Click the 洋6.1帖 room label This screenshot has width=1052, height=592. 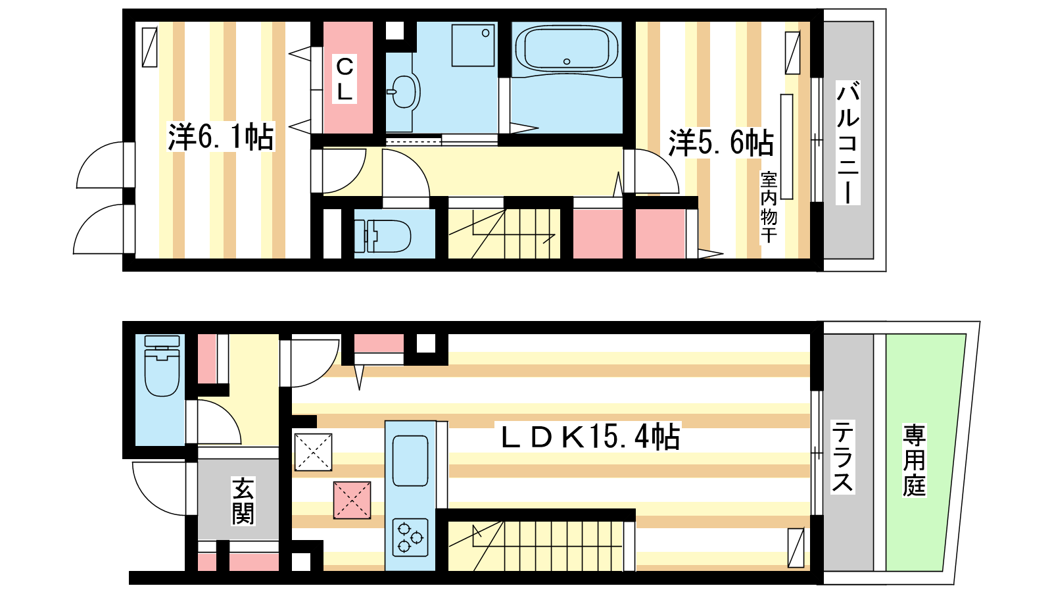(x=221, y=137)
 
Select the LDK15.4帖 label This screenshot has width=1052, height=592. (x=590, y=437)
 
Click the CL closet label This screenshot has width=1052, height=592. (x=345, y=79)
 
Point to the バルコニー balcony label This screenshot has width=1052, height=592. (x=848, y=143)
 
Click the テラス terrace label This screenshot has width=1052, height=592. (x=842, y=456)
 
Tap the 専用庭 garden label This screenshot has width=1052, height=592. (x=914, y=460)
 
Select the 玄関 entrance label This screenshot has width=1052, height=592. (x=243, y=501)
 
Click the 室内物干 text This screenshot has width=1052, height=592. (x=769, y=207)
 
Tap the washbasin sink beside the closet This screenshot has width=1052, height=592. (x=403, y=92)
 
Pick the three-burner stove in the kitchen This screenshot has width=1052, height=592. (x=410, y=537)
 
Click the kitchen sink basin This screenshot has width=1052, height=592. (x=410, y=460)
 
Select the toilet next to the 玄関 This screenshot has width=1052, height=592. (x=162, y=366)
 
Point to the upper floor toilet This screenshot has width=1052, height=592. (x=383, y=236)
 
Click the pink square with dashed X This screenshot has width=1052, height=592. (x=352, y=500)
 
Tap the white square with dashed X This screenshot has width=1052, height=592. (x=313, y=452)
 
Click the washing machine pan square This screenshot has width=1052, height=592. (x=473, y=45)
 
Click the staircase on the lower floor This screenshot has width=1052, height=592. (x=535, y=546)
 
